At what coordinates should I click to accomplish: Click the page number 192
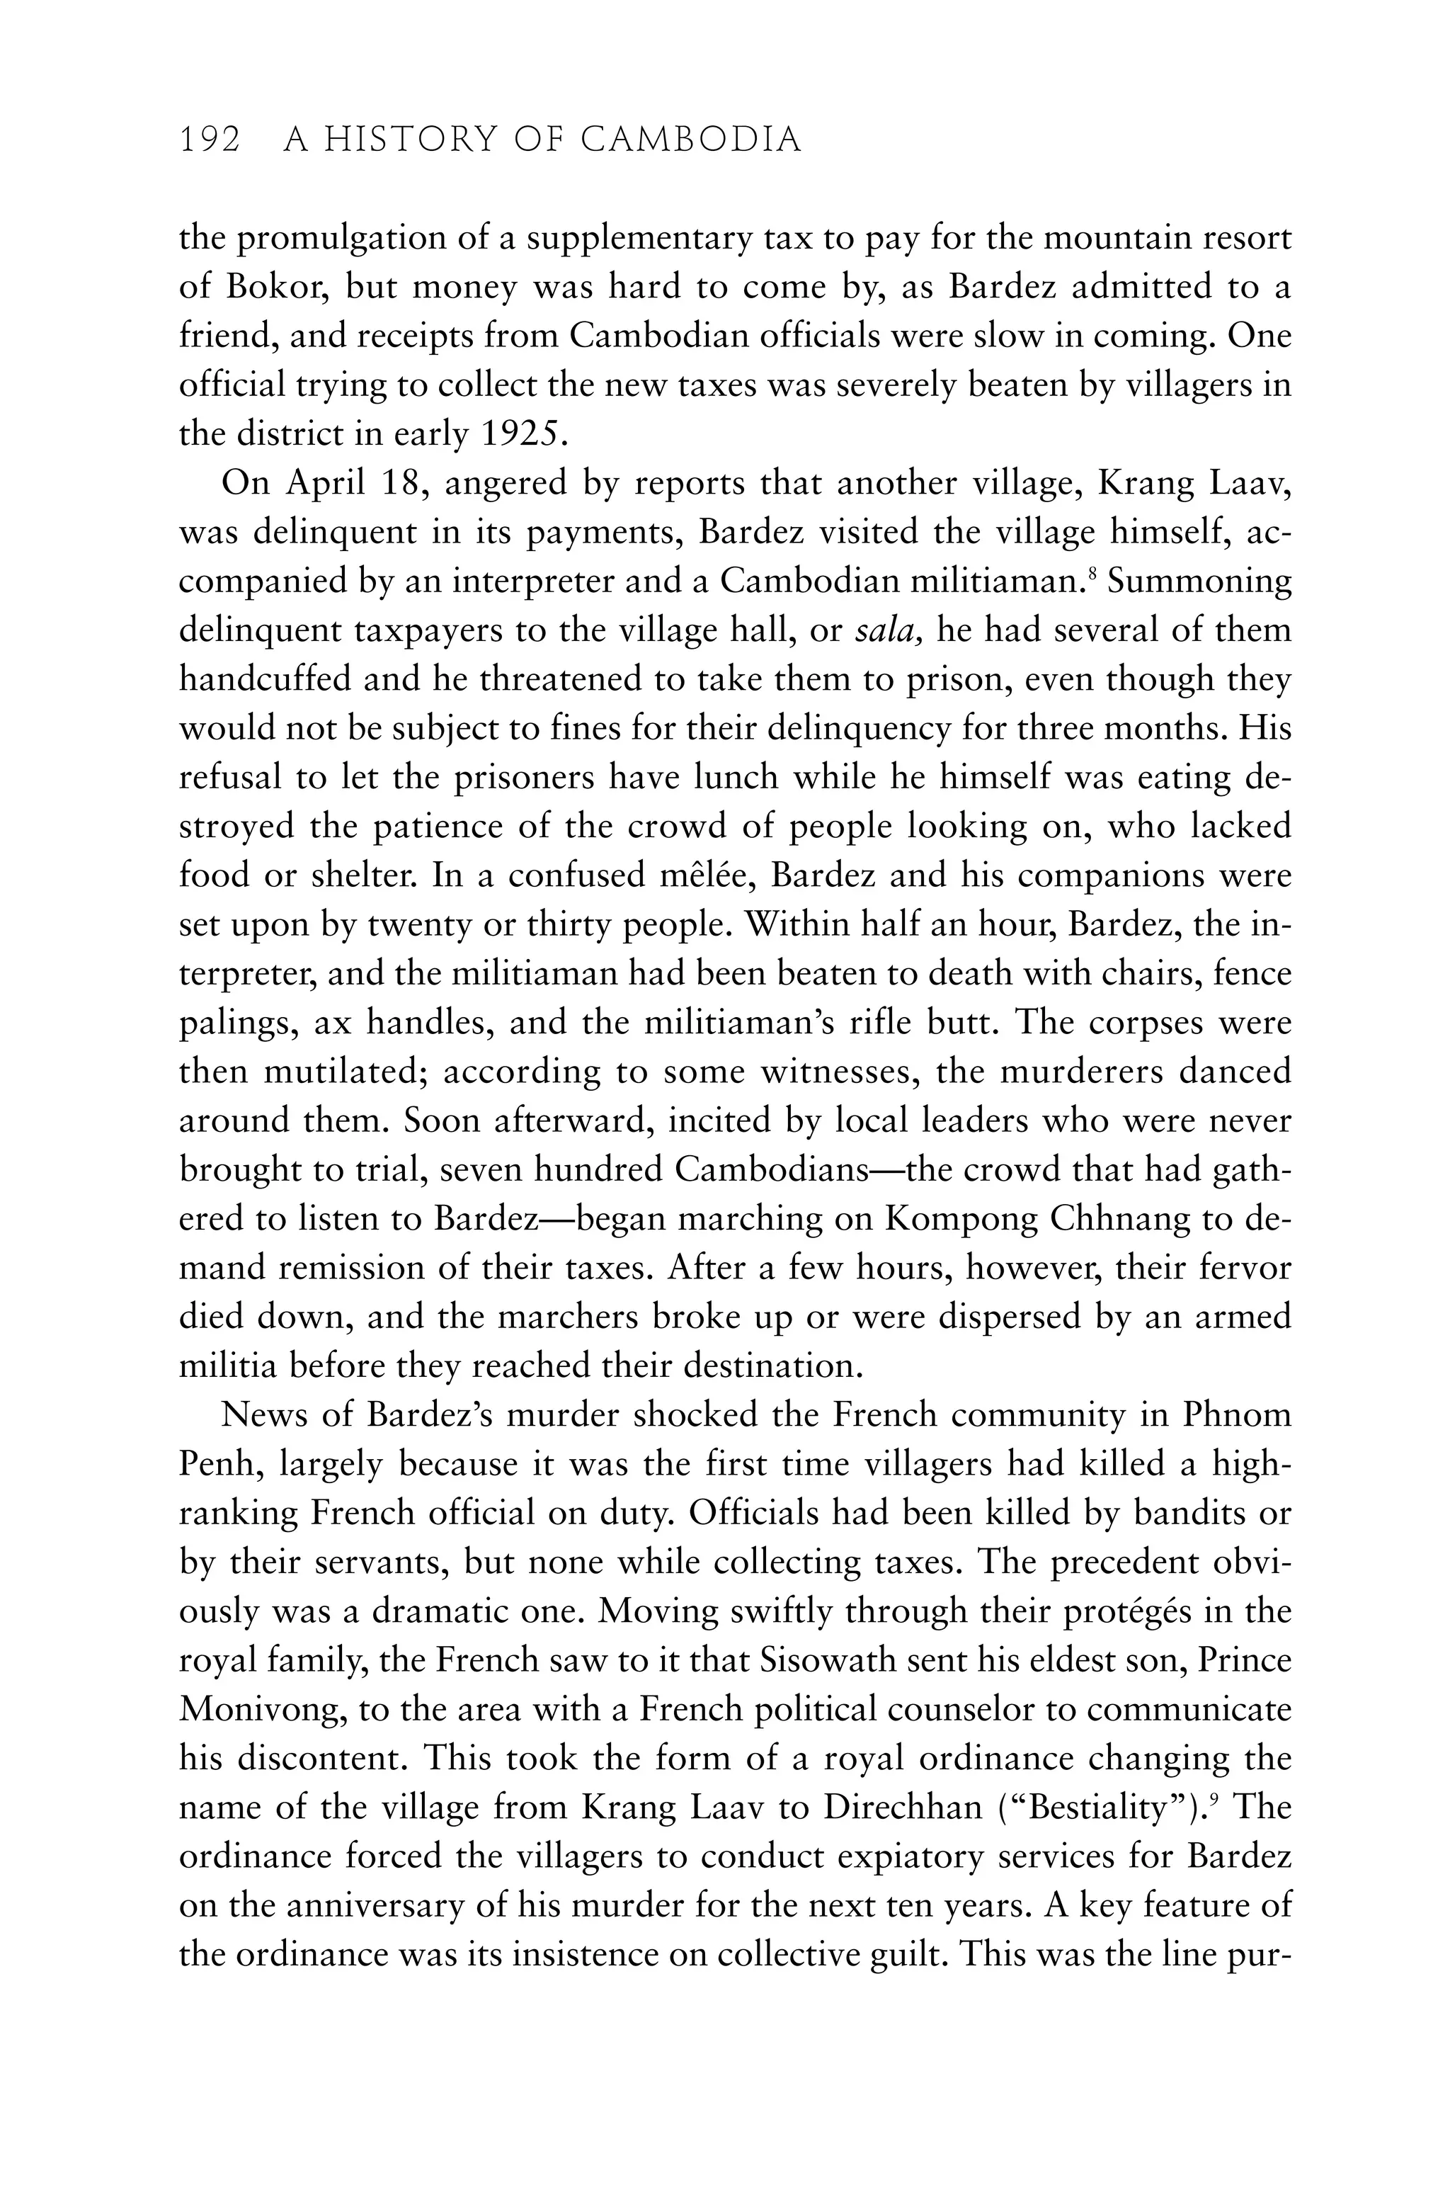[x=210, y=140]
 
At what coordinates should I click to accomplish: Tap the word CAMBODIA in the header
[x=691, y=140]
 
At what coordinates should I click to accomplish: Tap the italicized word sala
[x=887, y=630]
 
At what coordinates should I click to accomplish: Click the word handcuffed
[x=266, y=680]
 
